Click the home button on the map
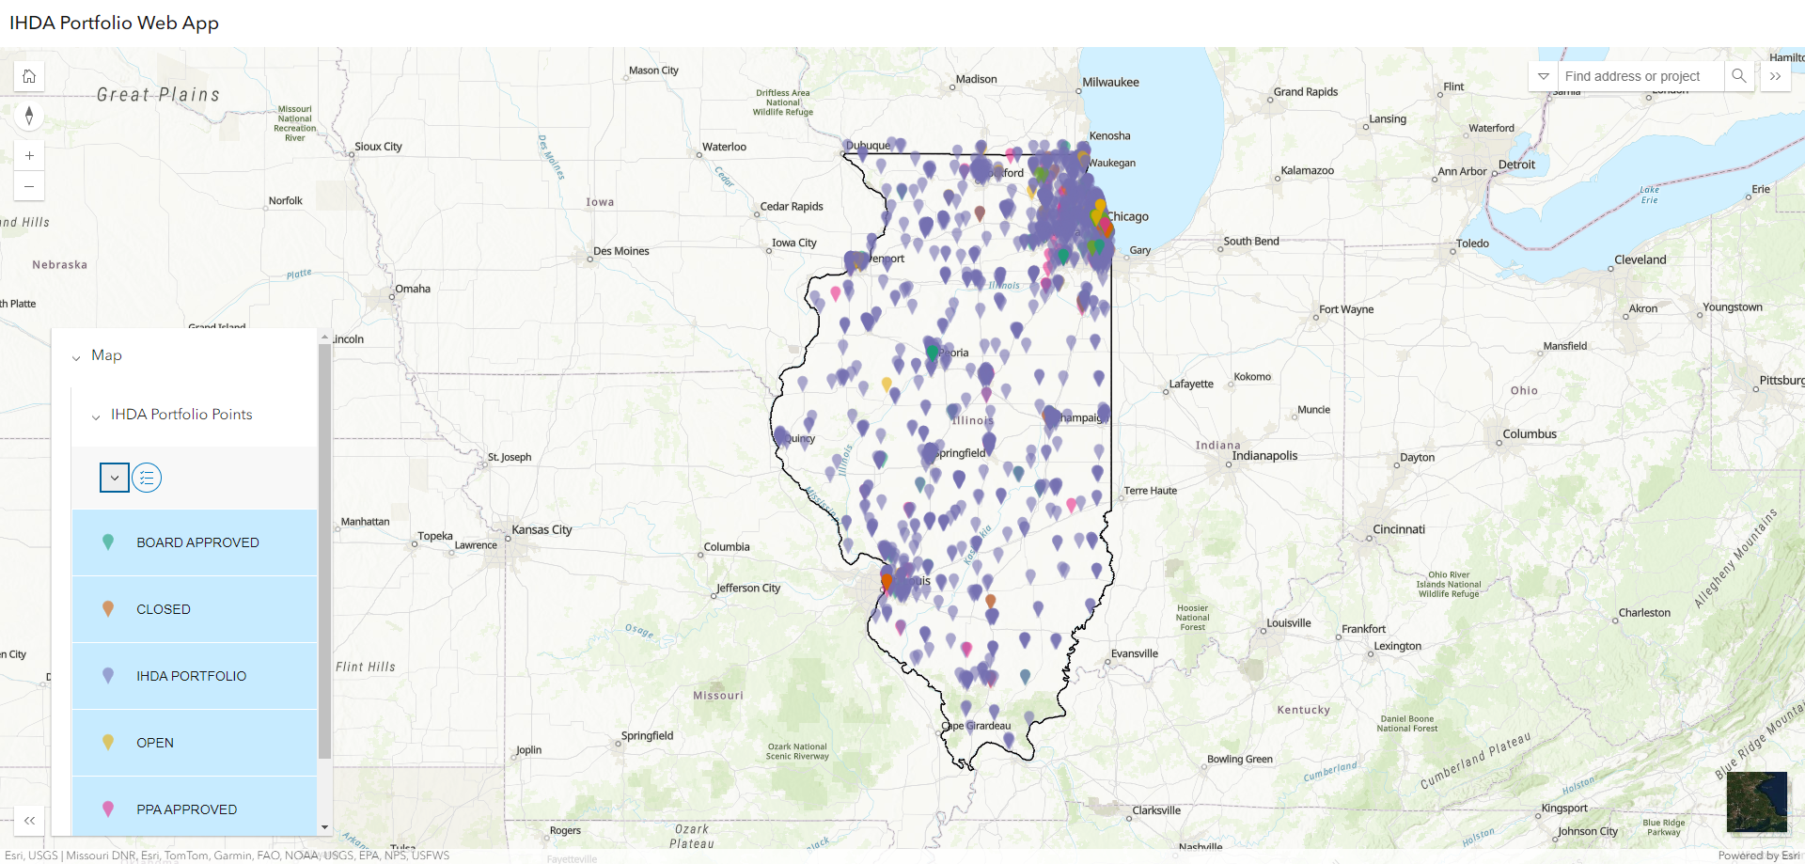pos(29,76)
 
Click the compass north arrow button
pos(29,116)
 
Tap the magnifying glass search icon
pos(1739,76)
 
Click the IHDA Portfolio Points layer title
pos(181,415)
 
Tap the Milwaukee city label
pos(1110,83)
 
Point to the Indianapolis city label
pos(1264,456)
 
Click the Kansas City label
pos(541,530)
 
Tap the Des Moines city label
pos(621,251)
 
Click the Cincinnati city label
pos(1399,529)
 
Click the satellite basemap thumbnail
pos(1756,802)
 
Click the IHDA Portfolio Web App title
pos(114,23)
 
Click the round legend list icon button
pos(147,478)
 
